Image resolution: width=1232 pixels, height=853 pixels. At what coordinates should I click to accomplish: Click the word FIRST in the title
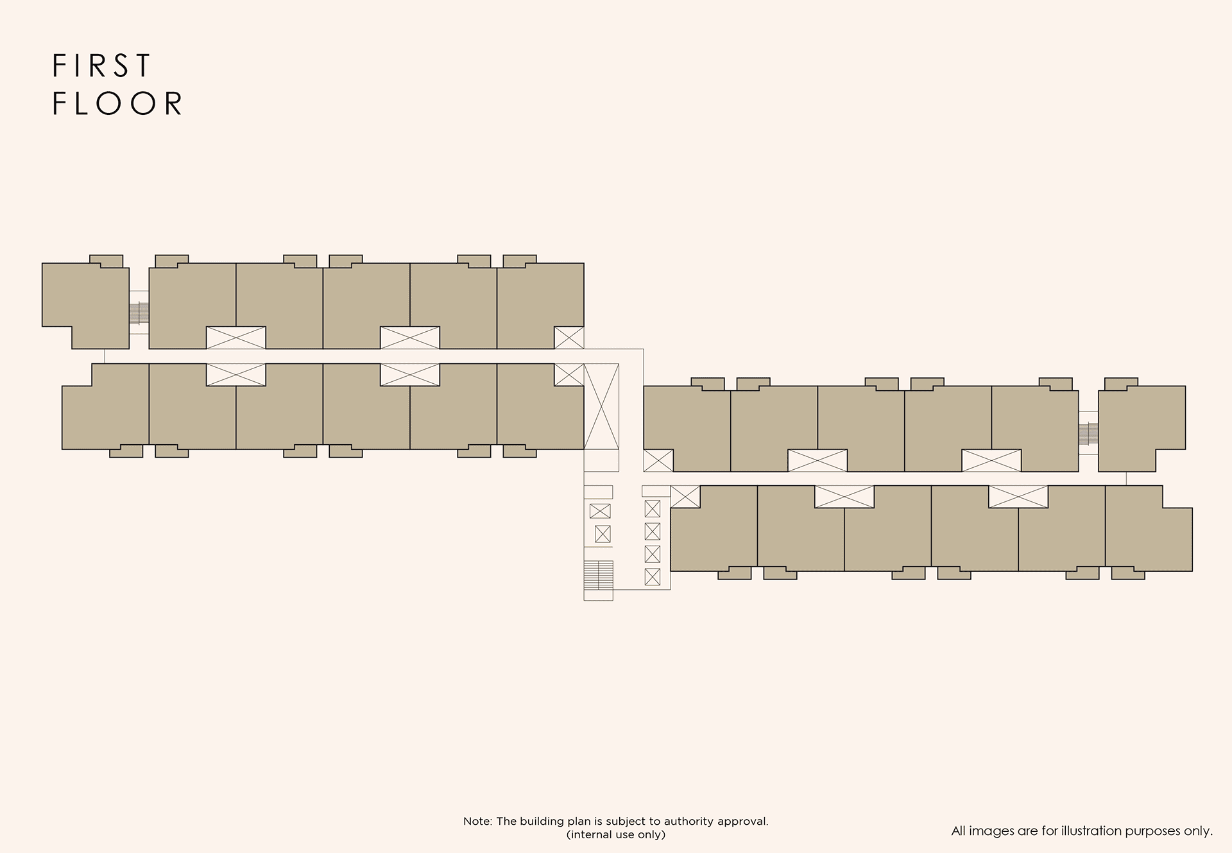click(101, 66)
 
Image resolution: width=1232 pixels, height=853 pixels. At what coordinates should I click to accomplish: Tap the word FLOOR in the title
click(118, 104)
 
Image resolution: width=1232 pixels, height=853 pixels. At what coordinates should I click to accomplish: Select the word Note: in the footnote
click(477, 822)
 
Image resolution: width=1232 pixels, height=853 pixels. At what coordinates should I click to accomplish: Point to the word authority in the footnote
click(687, 822)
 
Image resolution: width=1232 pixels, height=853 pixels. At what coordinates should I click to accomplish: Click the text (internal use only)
click(616, 835)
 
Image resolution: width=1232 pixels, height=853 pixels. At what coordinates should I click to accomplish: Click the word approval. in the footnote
click(741, 822)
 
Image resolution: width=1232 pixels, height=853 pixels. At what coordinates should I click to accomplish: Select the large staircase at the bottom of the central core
click(599, 575)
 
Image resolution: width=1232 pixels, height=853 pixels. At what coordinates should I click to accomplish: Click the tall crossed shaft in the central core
click(601, 407)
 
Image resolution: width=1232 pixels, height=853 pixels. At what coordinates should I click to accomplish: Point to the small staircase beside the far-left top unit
click(139, 313)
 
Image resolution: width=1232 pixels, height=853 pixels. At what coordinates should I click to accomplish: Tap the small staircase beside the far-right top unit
click(1088, 434)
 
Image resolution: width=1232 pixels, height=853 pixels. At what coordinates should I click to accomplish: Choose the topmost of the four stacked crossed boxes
click(653, 509)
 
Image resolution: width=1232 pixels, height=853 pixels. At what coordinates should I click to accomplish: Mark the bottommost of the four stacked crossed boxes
click(653, 577)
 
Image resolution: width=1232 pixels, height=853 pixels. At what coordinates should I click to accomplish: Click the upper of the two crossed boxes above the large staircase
click(600, 512)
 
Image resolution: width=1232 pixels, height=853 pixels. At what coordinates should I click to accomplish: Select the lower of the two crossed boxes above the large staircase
click(603, 534)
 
